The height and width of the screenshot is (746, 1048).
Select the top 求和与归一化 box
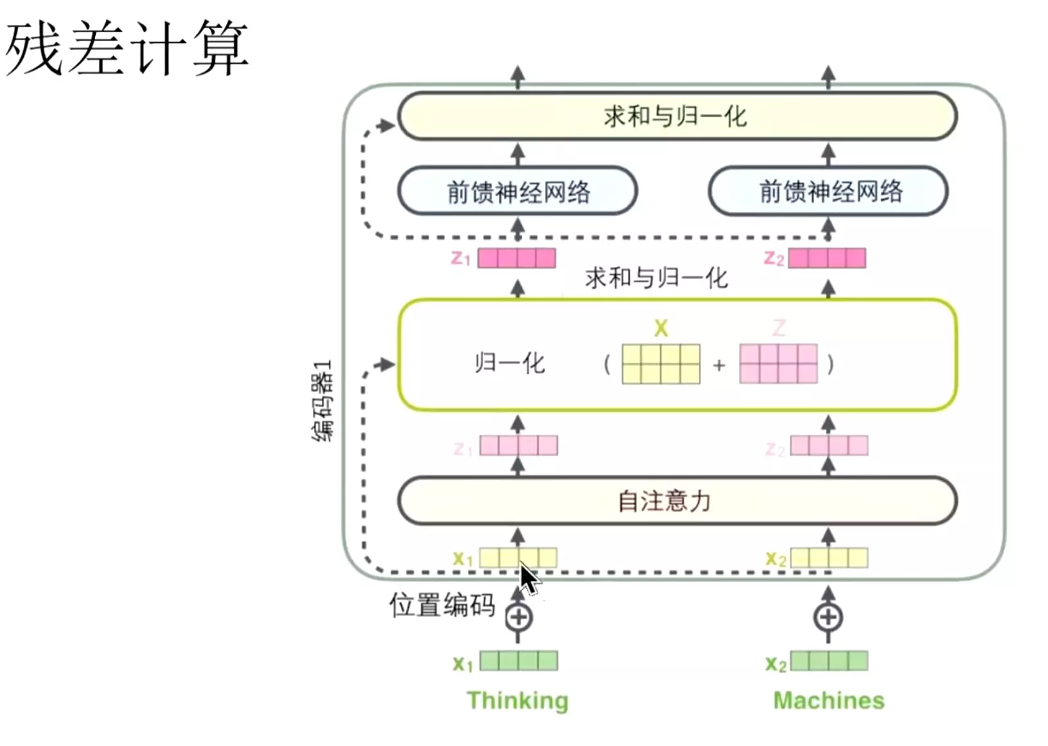click(677, 116)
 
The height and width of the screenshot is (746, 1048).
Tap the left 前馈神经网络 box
click(517, 191)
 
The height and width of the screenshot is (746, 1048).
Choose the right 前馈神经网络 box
click(828, 191)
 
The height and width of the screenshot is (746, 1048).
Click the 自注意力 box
click(677, 501)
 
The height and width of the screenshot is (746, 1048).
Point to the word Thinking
click(517, 700)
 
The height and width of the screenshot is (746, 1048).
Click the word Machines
click(828, 700)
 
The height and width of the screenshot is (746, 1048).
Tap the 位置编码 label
click(442, 605)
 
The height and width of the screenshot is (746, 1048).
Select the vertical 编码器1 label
click(323, 400)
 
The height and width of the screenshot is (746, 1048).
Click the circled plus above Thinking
click(518, 617)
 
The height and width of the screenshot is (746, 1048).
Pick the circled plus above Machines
click(828, 617)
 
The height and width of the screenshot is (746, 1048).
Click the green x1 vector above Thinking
click(519, 660)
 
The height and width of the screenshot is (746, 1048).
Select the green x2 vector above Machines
click(829, 660)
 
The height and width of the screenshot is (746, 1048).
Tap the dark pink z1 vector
click(517, 258)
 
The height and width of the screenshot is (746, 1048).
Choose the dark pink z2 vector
click(827, 258)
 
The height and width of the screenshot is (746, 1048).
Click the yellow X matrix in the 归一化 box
click(661, 364)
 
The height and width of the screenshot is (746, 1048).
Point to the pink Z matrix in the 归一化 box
click(778, 364)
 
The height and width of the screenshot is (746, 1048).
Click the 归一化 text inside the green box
click(510, 363)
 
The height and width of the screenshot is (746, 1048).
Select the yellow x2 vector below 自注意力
click(829, 558)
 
